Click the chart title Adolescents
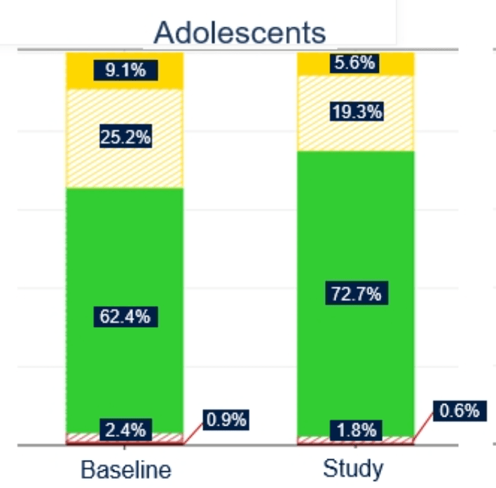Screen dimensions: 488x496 [x=240, y=32]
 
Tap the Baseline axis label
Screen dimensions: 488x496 [x=125, y=468]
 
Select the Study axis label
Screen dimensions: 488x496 [x=354, y=468]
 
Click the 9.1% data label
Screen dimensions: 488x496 [x=125, y=70]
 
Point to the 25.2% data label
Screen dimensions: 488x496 [x=125, y=137]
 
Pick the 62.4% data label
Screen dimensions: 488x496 [x=125, y=316]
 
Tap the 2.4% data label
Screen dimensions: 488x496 [x=125, y=430]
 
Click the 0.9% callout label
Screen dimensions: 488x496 [x=226, y=419]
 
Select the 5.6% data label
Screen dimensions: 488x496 [x=354, y=63]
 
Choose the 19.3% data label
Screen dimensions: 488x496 [x=356, y=111]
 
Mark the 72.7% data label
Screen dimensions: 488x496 [x=356, y=294]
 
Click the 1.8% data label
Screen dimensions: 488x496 [x=356, y=429]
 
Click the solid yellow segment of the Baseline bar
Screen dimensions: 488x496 [x=84, y=70]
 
